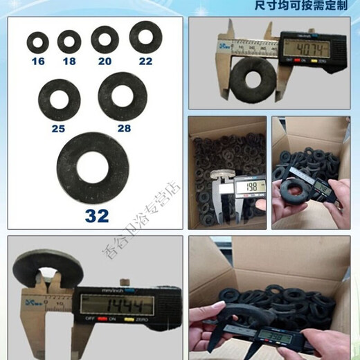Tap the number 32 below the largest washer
pos(97,215)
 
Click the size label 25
pos(58,129)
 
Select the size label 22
pos(144,61)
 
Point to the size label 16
pos(37,61)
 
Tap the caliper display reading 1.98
pos(249,187)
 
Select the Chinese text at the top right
pos(307,6)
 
